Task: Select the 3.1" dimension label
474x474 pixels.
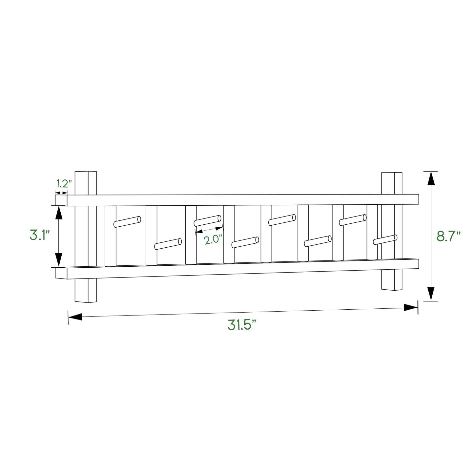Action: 40,236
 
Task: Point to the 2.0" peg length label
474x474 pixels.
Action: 213,239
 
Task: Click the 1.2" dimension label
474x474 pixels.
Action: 64,184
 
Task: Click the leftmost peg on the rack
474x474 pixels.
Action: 127,222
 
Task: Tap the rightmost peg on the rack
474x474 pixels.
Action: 385,240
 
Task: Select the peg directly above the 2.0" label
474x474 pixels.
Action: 207,221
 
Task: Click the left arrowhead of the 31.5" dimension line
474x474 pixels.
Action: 75,317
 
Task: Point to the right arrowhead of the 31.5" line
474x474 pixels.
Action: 411,307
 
